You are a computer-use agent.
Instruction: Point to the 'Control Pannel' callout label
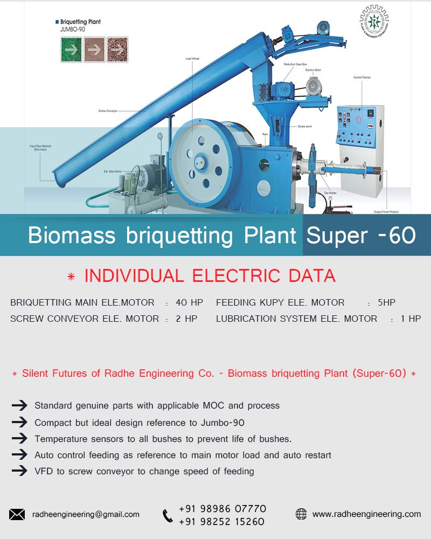362,78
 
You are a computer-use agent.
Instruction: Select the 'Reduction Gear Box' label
296,64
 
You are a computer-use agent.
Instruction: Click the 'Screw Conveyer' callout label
108,110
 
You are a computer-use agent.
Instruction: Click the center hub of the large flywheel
201,161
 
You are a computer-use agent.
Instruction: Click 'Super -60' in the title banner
361,236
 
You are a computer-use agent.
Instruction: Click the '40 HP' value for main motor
189,302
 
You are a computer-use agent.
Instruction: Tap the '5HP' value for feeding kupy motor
386,302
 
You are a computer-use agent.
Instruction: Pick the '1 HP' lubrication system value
411,319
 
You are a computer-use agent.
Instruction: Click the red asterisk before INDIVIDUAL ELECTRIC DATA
71,277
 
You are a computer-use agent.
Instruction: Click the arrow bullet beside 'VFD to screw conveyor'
19,471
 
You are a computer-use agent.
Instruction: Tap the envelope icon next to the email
17,514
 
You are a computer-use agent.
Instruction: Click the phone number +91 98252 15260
221,521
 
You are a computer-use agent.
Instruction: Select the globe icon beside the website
301,514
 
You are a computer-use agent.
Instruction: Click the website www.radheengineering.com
366,514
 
